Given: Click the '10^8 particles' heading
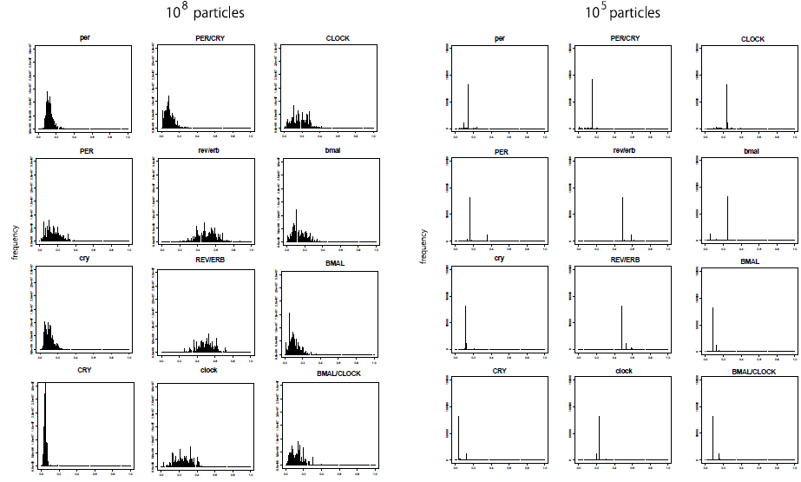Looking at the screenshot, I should pyautogui.click(x=205, y=13).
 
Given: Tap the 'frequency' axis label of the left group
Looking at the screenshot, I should pyautogui.click(x=15, y=244).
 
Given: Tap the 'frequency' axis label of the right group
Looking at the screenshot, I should pyautogui.click(x=424, y=246).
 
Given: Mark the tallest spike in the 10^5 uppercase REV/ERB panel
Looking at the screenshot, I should pyautogui.click(x=622, y=326).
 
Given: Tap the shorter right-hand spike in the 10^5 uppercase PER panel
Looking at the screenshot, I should pyautogui.click(x=488, y=236).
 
